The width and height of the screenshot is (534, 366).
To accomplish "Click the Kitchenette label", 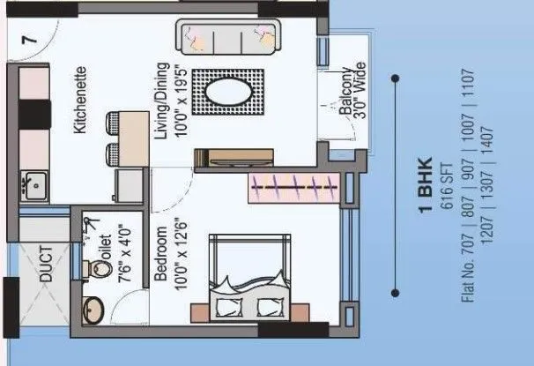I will pyautogui.click(x=79, y=99).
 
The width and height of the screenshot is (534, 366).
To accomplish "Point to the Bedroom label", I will pyautogui.click(x=162, y=255).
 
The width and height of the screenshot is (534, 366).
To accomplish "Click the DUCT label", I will pyautogui.click(x=47, y=262).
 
